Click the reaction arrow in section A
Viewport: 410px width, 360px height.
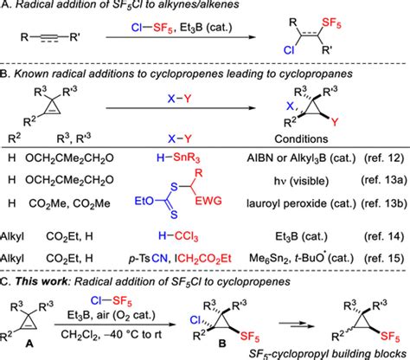click(x=181, y=37)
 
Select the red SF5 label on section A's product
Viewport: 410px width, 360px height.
click(x=331, y=23)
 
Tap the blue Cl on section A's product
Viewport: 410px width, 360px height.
click(x=289, y=50)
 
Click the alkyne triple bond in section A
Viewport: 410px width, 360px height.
click(x=48, y=38)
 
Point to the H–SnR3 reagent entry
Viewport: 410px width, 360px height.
click(x=178, y=157)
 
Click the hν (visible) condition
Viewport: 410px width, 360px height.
click(x=301, y=181)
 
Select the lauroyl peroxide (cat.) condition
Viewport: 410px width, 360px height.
click(x=301, y=203)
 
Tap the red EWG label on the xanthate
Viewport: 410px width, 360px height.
click(x=208, y=201)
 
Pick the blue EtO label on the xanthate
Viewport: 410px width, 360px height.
click(x=144, y=201)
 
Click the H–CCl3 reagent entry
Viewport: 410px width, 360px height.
click(x=178, y=236)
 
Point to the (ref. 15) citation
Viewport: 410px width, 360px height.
click(x=384, y=258)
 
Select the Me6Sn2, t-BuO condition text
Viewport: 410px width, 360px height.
click(x=301, y=258)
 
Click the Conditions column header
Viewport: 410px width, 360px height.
click(x=301, y=139)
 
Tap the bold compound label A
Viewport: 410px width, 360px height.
click(x=29, y=344)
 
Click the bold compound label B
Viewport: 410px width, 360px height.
click(x=222, y=344)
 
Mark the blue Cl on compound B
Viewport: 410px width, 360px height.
click(x=195, y=320)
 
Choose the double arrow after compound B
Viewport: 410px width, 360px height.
click(x=296, y=325)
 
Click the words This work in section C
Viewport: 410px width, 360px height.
click(x=42, y=281)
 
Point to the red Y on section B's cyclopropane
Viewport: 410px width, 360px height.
click(x=334, y=122)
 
